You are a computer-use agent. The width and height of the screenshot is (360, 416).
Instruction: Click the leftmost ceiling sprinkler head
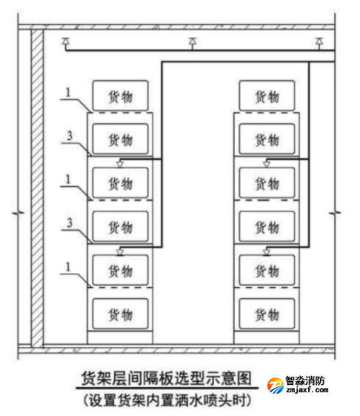65,42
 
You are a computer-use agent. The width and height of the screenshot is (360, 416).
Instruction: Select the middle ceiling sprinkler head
193,42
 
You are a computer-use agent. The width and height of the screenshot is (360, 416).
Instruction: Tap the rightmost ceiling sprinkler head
319,42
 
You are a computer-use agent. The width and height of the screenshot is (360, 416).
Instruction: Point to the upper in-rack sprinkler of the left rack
120,164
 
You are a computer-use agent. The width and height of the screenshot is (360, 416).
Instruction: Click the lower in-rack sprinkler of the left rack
120,251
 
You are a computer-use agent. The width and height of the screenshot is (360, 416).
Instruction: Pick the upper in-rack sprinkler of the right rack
267,164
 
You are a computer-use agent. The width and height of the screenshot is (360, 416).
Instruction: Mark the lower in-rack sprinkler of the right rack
267,251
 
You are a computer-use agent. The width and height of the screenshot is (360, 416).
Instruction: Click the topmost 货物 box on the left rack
120,96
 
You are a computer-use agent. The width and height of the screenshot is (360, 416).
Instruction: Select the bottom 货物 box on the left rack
120,314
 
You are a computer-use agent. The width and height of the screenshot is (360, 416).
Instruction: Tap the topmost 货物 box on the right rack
267,96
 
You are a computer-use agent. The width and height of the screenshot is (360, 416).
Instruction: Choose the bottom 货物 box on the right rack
267,314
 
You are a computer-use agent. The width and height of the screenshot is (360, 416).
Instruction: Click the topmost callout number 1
68,93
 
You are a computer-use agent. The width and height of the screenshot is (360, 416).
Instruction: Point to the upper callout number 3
70,136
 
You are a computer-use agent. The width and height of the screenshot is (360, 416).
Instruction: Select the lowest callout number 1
68,267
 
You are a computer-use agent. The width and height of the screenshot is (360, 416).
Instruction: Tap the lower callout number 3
70,222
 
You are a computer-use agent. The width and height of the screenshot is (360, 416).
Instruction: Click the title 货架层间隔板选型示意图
167,378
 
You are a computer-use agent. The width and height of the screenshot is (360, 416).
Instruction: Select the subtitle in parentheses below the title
167,400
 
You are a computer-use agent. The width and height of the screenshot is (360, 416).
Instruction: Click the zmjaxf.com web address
307,390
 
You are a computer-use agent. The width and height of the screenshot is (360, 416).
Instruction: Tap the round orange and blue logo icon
276,386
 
